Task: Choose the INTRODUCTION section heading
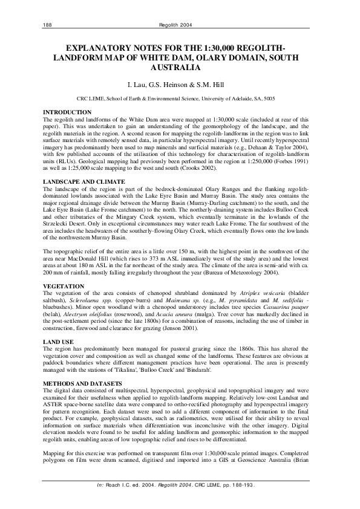pos(67,112)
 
